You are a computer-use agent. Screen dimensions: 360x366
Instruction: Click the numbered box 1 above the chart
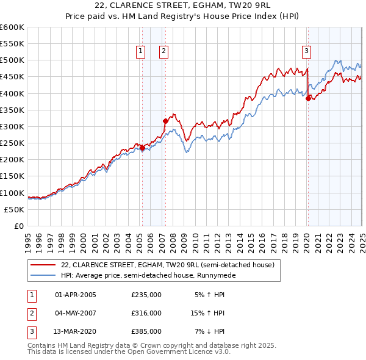tap(142, 52)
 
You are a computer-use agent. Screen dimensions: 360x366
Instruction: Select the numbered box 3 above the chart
tap(306, 52)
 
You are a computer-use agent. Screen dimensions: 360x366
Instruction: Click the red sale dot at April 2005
tap(142, 148)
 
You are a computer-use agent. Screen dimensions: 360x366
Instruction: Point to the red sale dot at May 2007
tap(165, 121)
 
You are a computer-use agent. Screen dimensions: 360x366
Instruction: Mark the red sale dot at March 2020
tap(309, 98)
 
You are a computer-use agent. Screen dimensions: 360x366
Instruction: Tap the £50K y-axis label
tap(14, 209)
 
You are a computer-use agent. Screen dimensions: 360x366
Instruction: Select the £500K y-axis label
tap(12, 60)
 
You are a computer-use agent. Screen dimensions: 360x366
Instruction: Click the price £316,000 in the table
tap(146, 313)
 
